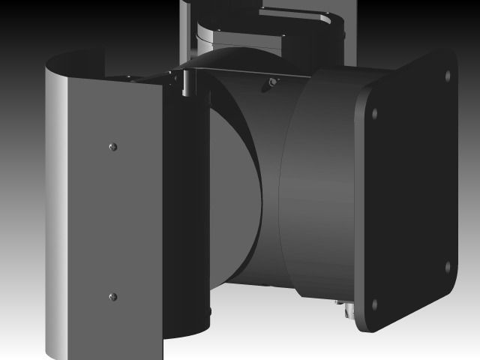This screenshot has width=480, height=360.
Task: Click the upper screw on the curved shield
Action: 112,145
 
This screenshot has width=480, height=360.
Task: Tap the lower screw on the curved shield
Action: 112,297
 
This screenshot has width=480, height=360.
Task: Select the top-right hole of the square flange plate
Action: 448,76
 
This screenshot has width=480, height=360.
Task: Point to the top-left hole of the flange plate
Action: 375,114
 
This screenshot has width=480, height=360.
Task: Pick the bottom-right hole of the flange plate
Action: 448,265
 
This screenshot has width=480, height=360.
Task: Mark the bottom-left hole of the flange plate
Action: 374,305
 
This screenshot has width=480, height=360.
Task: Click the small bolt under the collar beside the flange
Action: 343,305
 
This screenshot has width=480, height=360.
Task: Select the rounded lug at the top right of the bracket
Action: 330,22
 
